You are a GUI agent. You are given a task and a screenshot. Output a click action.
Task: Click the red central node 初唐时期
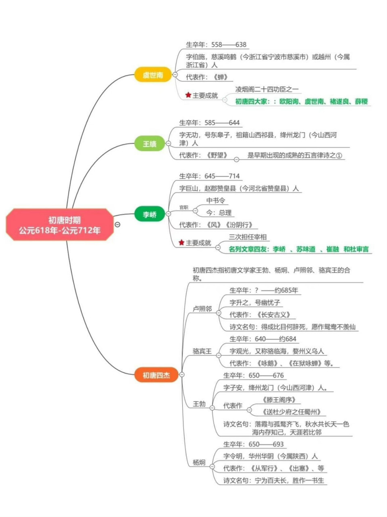click(x=59, y=225)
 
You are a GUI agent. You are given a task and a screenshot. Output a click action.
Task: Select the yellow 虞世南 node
click(x=153, y=75)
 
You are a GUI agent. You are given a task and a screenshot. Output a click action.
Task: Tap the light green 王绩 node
click(x=149, y=143)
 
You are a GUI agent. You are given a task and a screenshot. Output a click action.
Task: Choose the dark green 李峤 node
click(x=149, y=214)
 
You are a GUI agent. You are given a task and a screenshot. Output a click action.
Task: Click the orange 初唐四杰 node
click(x=156, y=375)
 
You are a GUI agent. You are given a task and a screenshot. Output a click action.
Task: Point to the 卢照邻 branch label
click(x=202, y=309)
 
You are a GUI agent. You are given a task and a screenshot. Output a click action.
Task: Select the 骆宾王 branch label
click(x=202, y=351)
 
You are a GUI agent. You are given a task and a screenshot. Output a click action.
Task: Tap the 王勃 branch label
click(x=199, y=404)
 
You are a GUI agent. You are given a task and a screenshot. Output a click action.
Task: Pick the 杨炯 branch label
click(x=199, y=462)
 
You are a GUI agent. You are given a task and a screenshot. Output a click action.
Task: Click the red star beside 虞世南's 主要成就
click(x=188, y=95)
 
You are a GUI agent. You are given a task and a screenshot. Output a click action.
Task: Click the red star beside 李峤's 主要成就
click(x=182, y=242)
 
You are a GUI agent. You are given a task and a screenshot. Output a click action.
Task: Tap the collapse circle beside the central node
click(x=118, y=225)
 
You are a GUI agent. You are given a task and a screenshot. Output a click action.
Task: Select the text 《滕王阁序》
click(x=279, y=399)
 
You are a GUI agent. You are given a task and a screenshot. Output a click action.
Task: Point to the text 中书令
click(x=216, y=200)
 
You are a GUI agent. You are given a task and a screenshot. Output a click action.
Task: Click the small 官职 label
click(x=184, y=207)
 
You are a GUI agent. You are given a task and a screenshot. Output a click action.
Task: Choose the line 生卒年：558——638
click(x=216, y=44)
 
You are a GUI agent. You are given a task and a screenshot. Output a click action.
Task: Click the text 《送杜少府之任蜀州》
click(x=291, y=412)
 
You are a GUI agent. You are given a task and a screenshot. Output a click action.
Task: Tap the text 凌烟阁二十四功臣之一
click(x=267, y=89)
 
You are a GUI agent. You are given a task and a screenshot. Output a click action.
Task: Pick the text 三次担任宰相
click(x=248, y=237)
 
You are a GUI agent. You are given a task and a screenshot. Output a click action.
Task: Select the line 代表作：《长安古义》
click(x=260, y=315)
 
